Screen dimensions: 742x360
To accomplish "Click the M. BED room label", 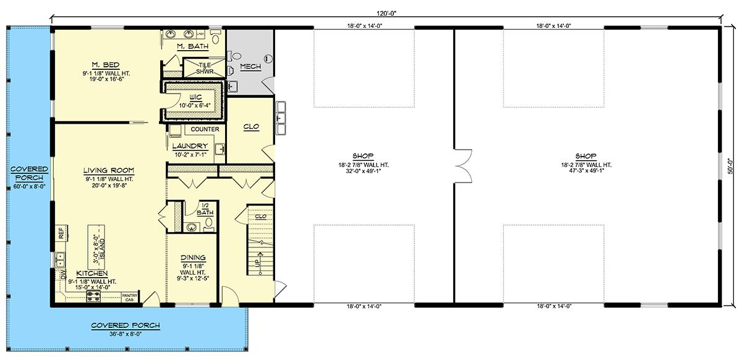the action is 106,65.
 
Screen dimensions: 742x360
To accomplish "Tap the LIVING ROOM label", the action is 109,171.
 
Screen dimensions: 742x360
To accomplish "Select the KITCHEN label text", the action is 92,273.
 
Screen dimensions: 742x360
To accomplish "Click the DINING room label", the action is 193,257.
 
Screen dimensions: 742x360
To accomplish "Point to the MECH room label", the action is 250,67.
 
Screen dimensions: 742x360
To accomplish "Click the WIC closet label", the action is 195,98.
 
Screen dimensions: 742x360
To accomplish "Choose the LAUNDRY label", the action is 190,146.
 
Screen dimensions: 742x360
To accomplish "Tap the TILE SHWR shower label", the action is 205,68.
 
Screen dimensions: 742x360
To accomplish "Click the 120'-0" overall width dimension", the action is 386,14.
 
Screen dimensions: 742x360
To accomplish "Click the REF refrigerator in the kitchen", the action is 61,233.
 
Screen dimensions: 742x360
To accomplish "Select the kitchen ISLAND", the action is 96,247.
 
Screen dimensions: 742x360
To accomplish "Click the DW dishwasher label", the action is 63,274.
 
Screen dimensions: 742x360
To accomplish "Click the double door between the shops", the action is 463,166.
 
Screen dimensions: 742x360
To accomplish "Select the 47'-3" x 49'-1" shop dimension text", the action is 586,171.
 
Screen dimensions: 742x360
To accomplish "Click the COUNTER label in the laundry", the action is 205,129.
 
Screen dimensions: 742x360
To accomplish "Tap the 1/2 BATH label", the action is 205,210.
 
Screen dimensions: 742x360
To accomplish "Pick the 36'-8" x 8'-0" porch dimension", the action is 126,334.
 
